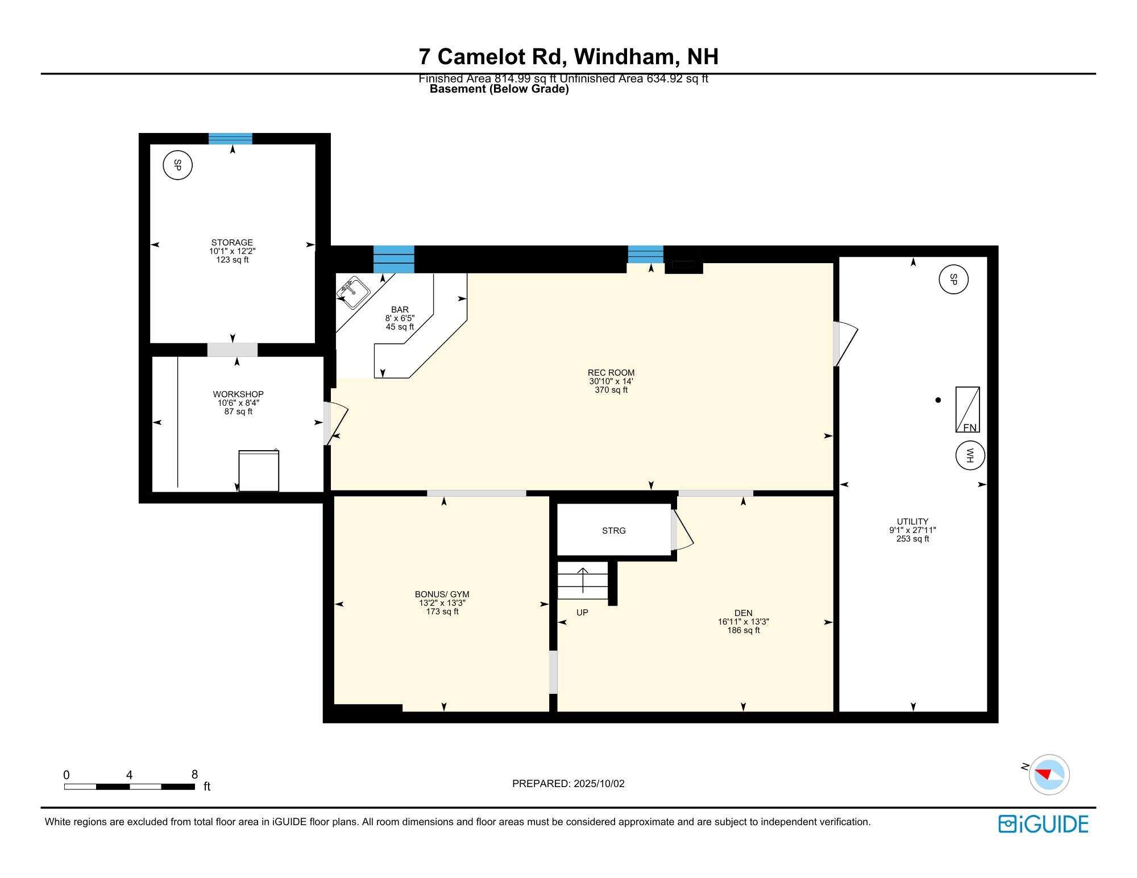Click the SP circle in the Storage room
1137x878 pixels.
177,166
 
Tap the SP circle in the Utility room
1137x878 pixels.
953,280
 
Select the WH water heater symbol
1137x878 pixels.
970,456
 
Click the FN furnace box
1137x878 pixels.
968,410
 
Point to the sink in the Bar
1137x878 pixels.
353,292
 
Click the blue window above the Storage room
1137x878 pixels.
230,139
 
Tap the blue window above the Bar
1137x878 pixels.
393,260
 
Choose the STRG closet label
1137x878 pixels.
613,531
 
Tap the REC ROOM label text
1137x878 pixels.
611,373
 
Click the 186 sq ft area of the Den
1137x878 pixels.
743,630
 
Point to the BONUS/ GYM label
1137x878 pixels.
442,594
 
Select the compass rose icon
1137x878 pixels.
1049,775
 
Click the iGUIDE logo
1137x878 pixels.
1043,824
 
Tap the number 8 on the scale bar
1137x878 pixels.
194,775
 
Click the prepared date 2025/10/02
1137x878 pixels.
599,784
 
